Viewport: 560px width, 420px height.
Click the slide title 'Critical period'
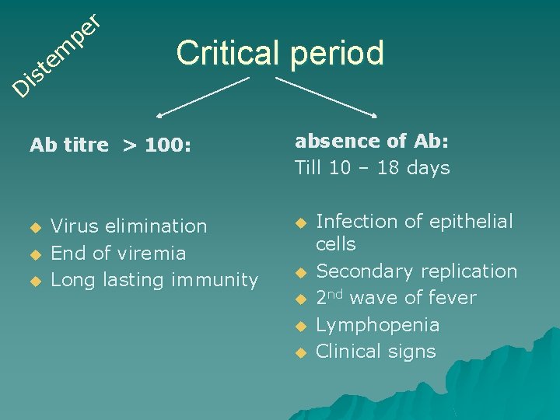pyautogui.click(x=280, y=53)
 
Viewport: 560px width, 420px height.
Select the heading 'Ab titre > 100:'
pyautogui.click(x=110, y=145)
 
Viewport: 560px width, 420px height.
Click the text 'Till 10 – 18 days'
pyautogui.click(x=372, y=168)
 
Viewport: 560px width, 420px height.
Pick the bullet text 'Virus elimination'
pyautogui.click(x=128, y=226)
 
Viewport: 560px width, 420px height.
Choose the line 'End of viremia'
pyautogui.click(x=118, y=253)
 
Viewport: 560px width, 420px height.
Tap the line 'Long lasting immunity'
pyautogui.click(x=154, y=279)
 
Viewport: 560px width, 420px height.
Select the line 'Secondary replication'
pyautogui.click(x=416, y=271)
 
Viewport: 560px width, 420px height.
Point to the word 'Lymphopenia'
pyautogui.click(x=377, y=325)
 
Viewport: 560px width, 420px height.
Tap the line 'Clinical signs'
pyautogui.click(x=376, y=352)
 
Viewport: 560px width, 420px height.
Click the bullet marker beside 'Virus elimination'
pyautogui.click(x=33, y=227)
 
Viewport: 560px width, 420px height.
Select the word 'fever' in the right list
pyautogui.click(x=453, y=298)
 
